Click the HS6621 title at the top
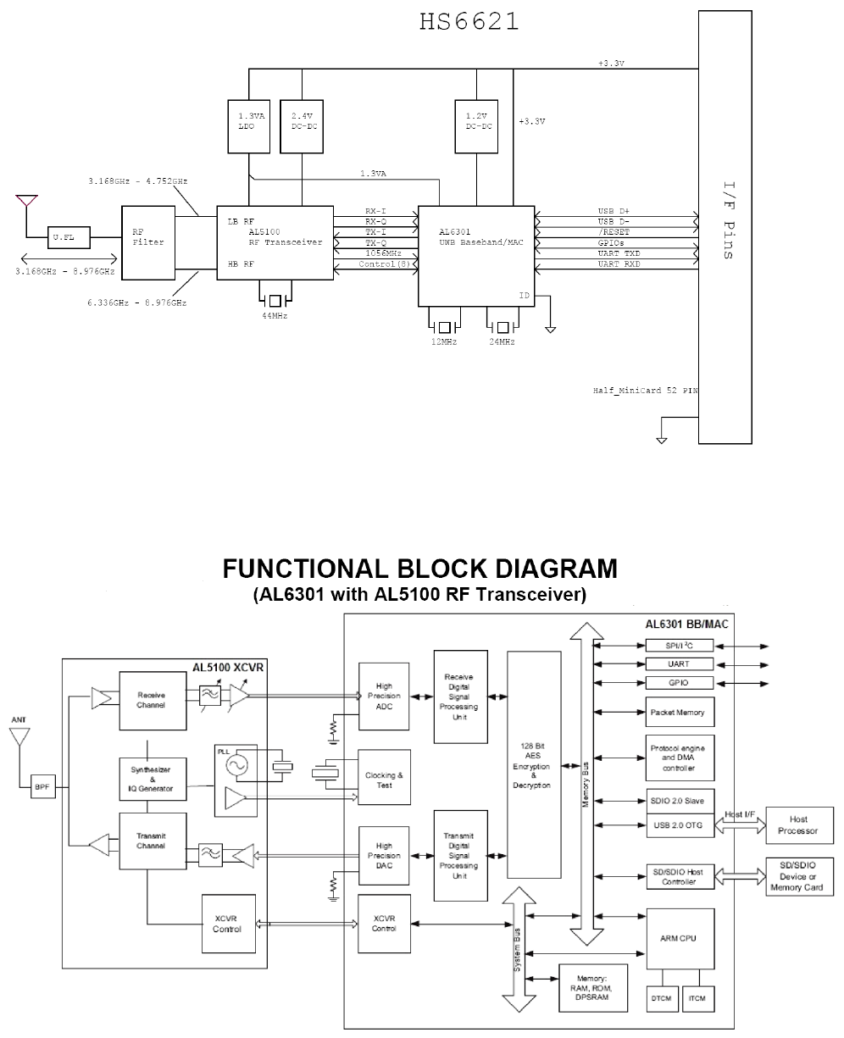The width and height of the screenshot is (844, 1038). pyautogui.click(x=469, y=21)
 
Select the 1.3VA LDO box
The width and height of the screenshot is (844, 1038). pyautogui.click(x=249, y=126)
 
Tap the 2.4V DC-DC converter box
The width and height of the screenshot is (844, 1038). pyautogui.click(x=303, y=126)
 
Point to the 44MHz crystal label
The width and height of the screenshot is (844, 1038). pyautogui.click(x=275, y=315)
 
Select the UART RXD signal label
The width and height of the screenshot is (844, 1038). pyautogui.click(x=619, y=264)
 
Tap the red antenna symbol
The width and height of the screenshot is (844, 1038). pyautogui.click(x=25, y=202)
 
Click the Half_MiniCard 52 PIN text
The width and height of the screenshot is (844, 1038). pyautogui.click(x=645, y=391)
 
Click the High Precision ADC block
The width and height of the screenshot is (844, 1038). pyautogui.click(x=384, y=692)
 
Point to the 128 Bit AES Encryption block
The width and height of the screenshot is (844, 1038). pyautogui.click(x=534, y=764)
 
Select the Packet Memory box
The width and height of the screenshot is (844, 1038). pyautogui.click(x=677, y=713)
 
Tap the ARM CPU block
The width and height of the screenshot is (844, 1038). pyautogui.click(x=677, y=939)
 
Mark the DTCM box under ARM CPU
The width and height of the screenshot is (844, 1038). pyautogui.click(x=662, y=1000)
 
